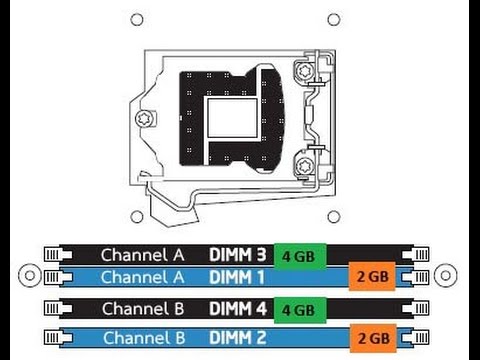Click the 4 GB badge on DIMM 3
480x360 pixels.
click(x=300, y=256)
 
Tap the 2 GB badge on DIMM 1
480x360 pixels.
click(x=372, y=276)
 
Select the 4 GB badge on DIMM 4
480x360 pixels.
click(x=300, y=310)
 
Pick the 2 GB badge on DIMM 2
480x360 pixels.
click(x=373, y=338)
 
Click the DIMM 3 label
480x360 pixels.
click(x=238, y=255)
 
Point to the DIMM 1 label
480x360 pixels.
click(x=237, y=277)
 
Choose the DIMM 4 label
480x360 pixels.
click(x=238, y=309)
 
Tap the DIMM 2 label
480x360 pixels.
click(x=238, y=338)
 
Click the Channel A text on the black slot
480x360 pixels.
click(x=142, y=255)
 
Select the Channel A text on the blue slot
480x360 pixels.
click(x=142, y=277)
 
